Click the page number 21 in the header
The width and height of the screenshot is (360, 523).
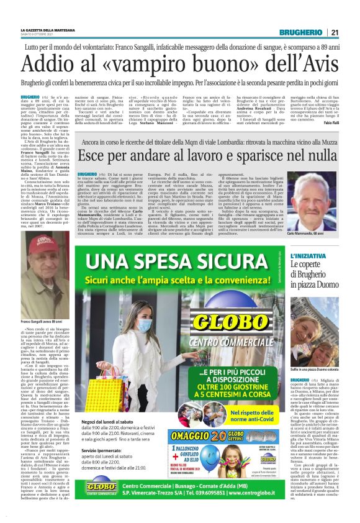[334, 32]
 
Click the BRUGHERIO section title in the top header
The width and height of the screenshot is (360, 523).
[300, 32]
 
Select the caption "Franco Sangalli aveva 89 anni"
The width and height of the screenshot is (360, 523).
[43, 321]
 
